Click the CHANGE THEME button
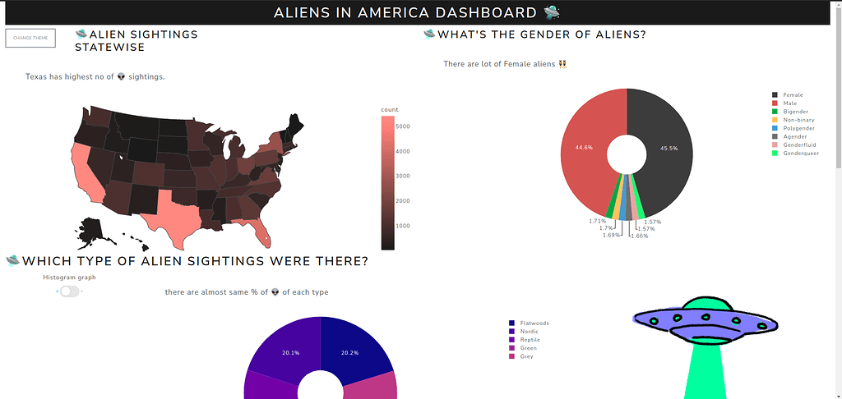[30, 38]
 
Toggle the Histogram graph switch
[70, 291]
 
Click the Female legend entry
[793, 95]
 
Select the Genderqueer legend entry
[800, 153]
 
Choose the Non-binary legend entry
[798, 120]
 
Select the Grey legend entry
[526, 356]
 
